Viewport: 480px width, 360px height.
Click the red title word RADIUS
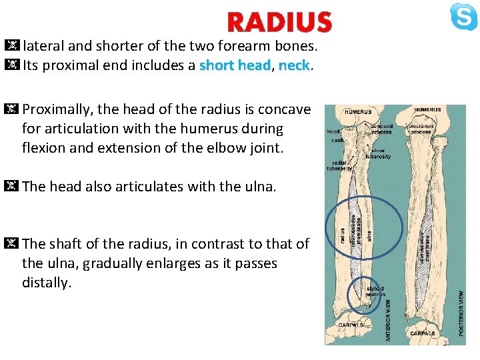click(x=279, y=23)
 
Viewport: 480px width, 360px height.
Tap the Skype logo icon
click(x=463, y=17)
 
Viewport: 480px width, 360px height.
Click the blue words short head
click(x=235, y=66)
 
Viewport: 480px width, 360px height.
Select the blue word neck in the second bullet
click(x=293, y=66)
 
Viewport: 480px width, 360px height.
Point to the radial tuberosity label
click(x=339, y=167)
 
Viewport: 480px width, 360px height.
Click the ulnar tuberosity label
click(x=378, y=153)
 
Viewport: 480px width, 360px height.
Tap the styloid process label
click(x=375, y=292)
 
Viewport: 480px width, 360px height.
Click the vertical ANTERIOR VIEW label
click(x=388, y=320)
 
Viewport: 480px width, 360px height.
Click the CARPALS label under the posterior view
click(x=423, y=333)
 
